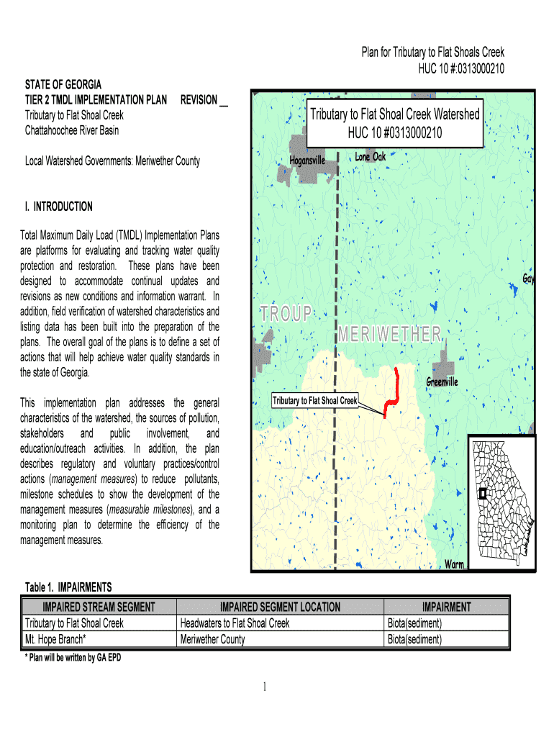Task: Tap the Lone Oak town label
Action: point(371,156)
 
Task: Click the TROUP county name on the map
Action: point(287,313)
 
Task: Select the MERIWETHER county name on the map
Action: point(391,333)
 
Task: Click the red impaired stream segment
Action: point(395,393)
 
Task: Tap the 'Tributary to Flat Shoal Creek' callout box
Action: point(314,400)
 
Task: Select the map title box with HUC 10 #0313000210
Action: point(394,124)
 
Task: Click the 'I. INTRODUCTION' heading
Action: point(58,207)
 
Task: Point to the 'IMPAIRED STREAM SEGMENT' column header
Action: point(99,607)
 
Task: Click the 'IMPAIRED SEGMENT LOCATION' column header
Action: point(280,607)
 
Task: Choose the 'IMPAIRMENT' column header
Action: point(446,607)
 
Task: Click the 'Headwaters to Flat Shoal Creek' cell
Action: point(235,623)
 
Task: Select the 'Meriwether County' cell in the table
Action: point(212,638)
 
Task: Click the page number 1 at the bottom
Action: point(265,688)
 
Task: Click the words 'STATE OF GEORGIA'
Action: point(63,85)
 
